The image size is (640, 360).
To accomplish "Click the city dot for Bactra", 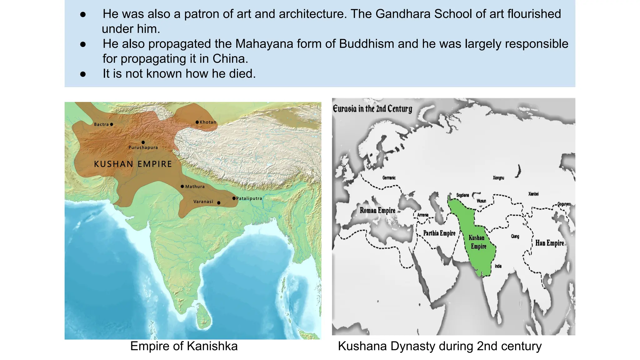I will click(x=112, y=124).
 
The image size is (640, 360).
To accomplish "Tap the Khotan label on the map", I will click(x=208, y=122).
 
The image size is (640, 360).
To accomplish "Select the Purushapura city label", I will click(x=143, y=147).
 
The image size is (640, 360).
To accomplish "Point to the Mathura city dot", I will click(x=182, y=187).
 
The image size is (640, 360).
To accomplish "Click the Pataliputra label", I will click(x=249, y=198).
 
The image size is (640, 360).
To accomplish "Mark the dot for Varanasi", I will click(x=219, y=203).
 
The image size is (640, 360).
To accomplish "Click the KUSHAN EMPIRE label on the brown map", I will click(x=133, y=164).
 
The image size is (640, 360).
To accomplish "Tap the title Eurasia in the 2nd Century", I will click(x=372, y=109).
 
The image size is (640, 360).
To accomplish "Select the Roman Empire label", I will click(x=377, y=210).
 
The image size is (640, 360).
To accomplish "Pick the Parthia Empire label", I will click(x=439, y=233).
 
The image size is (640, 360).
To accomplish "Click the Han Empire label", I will click(x=549, y=243).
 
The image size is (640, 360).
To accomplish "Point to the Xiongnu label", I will click(x=498, y=178).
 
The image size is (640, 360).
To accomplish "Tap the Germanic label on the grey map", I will click(x=389, y=178).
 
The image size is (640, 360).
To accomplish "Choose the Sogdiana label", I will click(x=462, y=195).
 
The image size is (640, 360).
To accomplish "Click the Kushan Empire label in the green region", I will click(x=477, y=242).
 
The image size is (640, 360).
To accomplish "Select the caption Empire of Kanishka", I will click(x=184, y=346).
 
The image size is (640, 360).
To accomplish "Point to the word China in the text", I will click(x=230, y=59).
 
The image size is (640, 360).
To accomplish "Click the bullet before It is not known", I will click(x=83, y=74).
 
